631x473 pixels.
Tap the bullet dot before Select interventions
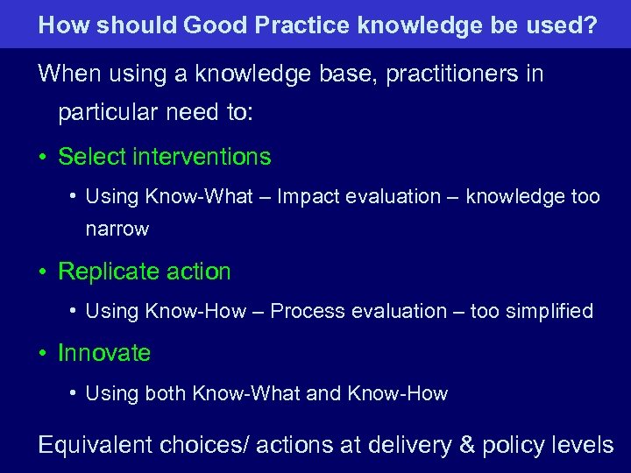coord(42,158)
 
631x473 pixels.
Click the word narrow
coord(117,229)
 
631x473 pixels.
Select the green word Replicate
coord(106,272)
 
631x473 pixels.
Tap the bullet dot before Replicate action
coord(42,272)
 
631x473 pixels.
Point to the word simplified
coord(549,311)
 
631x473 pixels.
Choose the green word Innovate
coord(104,353)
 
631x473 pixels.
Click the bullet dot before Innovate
coord(42,354)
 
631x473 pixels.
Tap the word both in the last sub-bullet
coord(165,394)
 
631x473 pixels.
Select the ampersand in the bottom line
coord(466,445)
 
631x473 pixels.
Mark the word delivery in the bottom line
coord(411,445)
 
